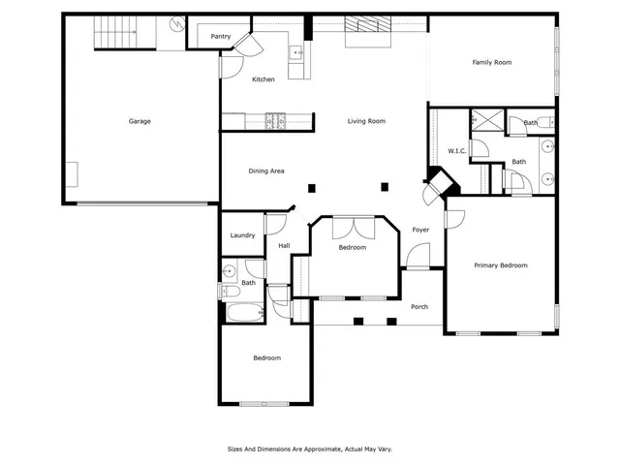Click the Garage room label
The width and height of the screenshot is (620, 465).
click(139, 121)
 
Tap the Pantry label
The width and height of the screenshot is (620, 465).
click(220, 37)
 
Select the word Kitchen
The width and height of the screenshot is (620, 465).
click(263, 79)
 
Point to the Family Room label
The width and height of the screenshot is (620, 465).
click(491, 63)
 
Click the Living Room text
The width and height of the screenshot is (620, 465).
click(367, 121)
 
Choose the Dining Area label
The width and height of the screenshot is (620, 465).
click(265, 171)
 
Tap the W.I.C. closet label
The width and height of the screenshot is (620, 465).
click(457, 150)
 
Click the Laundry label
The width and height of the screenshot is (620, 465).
click(242, 235)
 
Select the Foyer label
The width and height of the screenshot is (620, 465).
click(420, 230)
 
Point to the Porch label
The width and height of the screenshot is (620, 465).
click(419, 307)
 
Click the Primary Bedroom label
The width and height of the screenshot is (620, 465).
click(500, 264)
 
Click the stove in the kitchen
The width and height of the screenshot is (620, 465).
click(275, 121)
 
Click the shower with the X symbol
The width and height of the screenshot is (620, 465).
click(481, 121)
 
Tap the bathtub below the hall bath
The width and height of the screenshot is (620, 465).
click(242, 314)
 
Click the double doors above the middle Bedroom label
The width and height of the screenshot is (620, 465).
click(353, 229)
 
